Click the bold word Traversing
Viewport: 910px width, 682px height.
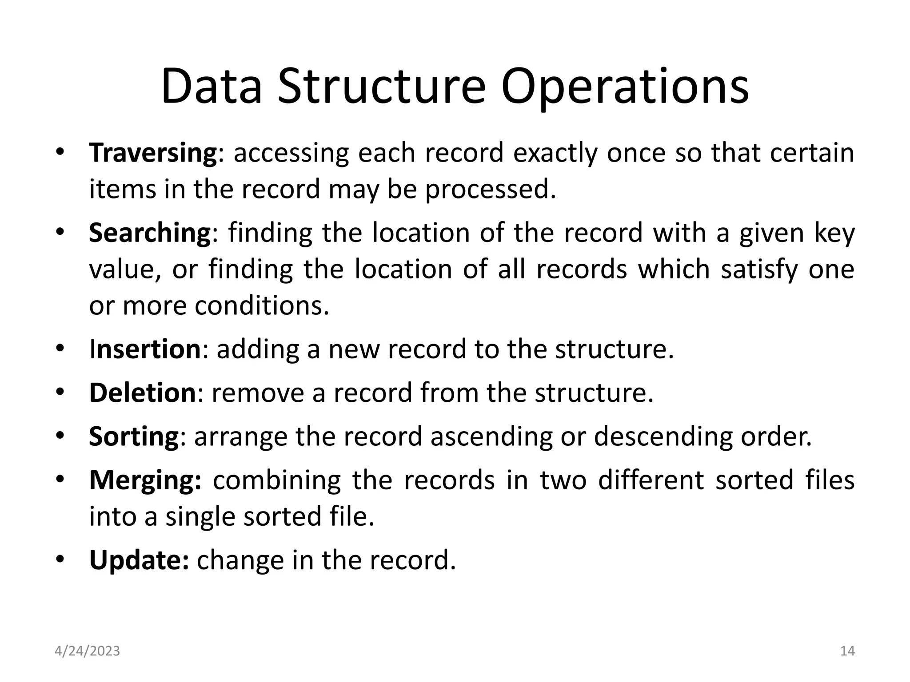[x=153, y=153]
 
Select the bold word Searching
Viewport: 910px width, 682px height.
[x=150, y=233]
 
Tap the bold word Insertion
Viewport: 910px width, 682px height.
[x=145, y=349]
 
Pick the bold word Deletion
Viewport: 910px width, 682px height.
[x=142, y=393]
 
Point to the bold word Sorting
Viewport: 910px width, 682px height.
[x=134, y=437]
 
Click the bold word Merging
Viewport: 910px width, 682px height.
[x=145, y=481]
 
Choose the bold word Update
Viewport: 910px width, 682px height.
[x=139, y=560]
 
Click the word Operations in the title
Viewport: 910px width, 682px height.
[x=625, y=87]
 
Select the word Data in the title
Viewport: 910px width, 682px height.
[x=212, y=87]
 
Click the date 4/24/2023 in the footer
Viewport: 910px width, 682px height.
[x=87, y=651]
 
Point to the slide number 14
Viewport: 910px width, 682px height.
[x=847, y=651]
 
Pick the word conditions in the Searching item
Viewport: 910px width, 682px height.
[x=262, y=306]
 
